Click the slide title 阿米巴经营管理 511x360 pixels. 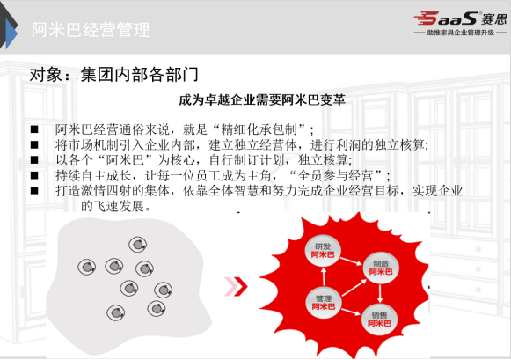[91, 30]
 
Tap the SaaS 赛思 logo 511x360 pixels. [461, 18]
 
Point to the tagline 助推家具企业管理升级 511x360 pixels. [461, 33]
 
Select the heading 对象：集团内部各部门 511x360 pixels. [114, 75]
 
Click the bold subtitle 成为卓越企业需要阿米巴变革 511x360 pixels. [262, 99]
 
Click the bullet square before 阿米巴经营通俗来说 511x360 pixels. [34, 129]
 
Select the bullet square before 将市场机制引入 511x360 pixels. [34, 144]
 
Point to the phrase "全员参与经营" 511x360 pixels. [335, 176]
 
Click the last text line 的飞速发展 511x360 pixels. [116, 206]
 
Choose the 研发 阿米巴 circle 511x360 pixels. [323, 251]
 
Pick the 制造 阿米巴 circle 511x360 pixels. [381, 268]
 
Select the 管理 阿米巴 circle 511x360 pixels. [324, 302]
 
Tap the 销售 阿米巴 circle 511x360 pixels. [379, 320]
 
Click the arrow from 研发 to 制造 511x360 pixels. [351, 261]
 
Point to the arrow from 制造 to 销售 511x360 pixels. [380, 293]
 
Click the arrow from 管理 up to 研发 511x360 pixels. [324, 277]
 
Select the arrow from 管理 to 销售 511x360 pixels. [351, 312]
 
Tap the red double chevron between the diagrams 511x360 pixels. [236, 287]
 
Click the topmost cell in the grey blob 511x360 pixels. [137, 244]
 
